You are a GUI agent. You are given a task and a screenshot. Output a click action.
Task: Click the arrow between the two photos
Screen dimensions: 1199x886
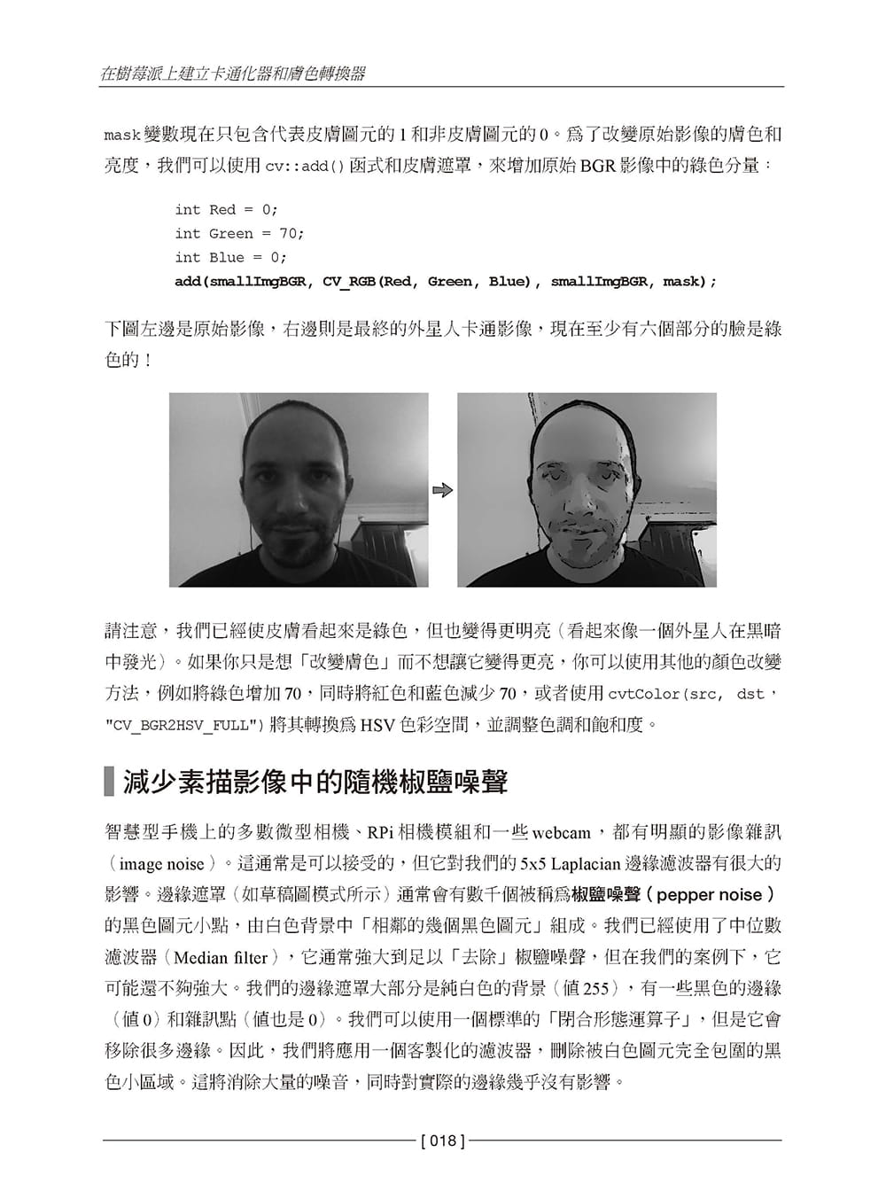(x=443, y=490)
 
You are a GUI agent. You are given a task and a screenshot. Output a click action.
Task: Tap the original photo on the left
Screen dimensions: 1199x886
(x=299, y=490)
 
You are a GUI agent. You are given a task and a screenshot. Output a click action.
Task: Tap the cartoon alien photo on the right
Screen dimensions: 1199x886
(x=587, y=490)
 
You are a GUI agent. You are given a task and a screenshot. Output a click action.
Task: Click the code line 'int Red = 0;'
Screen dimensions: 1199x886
(x=226, y=210)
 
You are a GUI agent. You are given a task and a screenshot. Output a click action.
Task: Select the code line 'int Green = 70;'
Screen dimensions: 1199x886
(x=239, y=234)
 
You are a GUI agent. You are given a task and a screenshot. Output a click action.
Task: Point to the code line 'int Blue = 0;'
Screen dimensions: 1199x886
(x=230, y=258)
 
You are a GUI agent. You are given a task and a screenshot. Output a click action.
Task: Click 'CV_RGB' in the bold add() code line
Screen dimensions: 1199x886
(x=350, y=282)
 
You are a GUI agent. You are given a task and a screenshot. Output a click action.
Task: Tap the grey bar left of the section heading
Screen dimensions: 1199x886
(x=109, y=783)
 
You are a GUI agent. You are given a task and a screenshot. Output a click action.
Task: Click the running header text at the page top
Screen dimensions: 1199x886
(x=233, y=74)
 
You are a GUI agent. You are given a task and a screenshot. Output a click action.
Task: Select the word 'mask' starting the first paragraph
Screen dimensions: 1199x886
(x=122, y=136)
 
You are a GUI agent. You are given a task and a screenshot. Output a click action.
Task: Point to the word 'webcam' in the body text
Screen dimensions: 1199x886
(x=561, y=833)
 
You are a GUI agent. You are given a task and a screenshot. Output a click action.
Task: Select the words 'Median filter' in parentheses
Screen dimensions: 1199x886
(x=221, y=958)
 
